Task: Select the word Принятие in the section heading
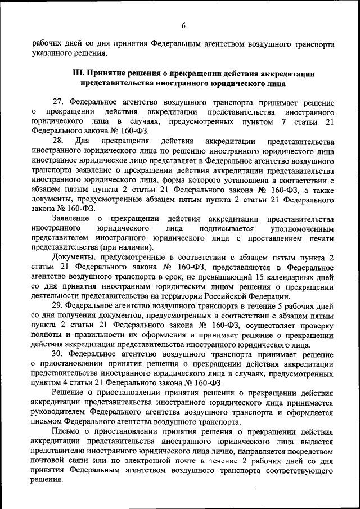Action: [x=109, y=74]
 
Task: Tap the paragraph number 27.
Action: [x=58, y=103]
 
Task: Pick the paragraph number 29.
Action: [x=58, y=307]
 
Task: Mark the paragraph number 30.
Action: [x=58, y=354]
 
